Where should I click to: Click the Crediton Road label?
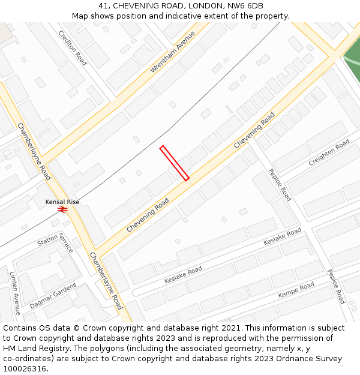tap(73, 48)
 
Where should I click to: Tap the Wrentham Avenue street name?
tap(173, 52)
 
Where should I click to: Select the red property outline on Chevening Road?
tap(174, 163)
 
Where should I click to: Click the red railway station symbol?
tap(62, 209)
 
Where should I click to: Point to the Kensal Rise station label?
tap(62, 202)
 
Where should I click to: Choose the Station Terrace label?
tap(55, 242)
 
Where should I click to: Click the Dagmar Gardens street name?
tap(53, 296)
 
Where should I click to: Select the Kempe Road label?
tap(296, 290)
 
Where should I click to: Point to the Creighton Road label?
tap(329, 152)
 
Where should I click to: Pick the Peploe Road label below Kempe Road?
tap(335, 286)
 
